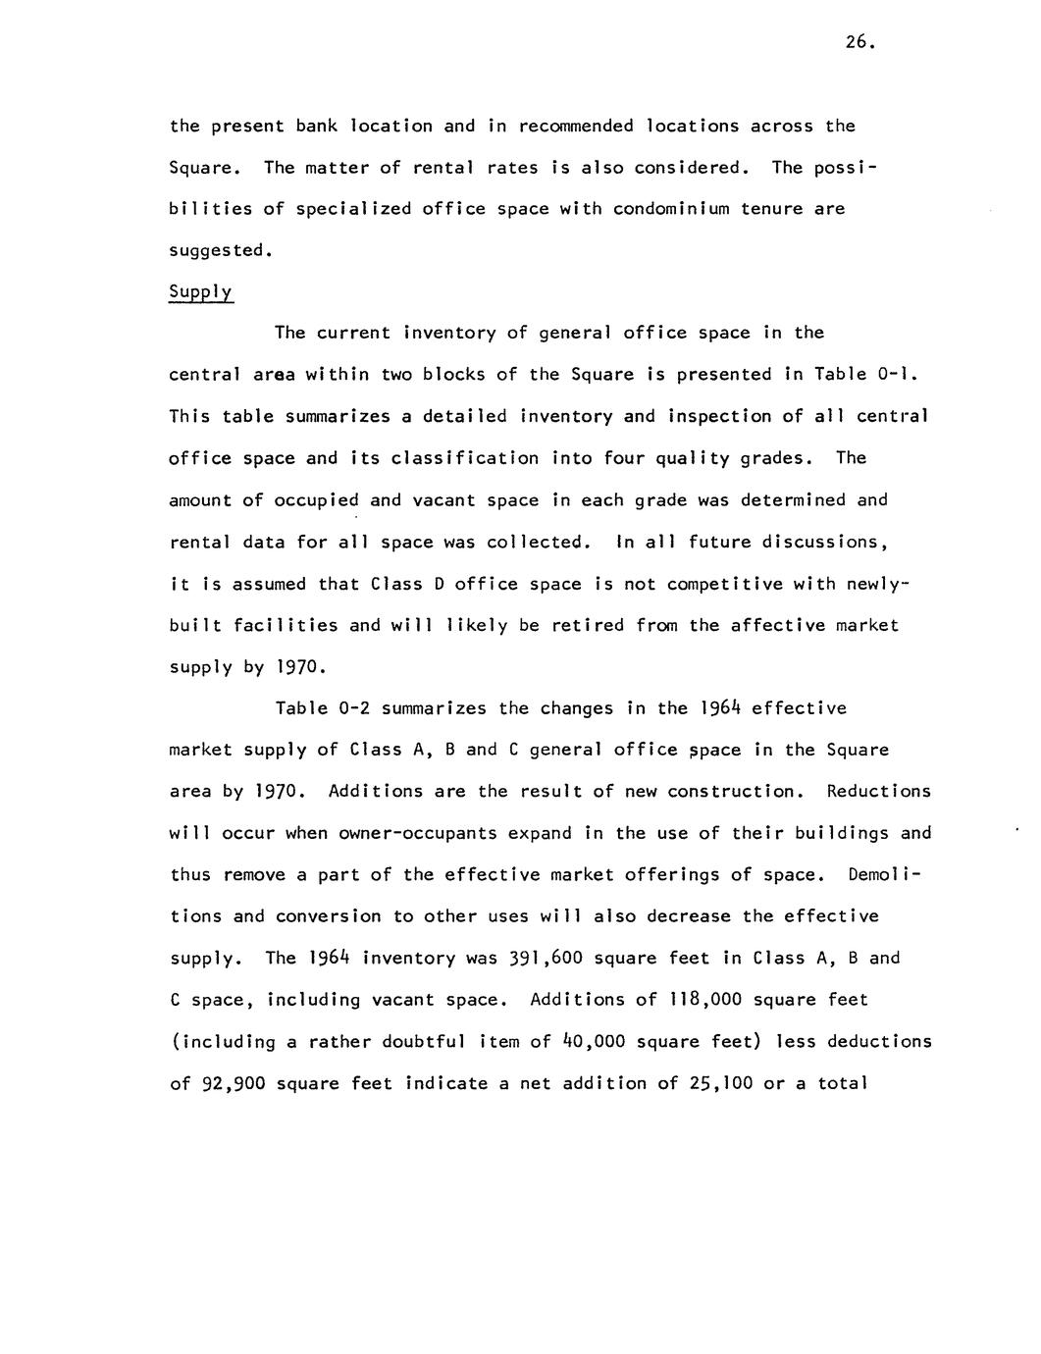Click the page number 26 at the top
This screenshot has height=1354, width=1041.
pos(857,42)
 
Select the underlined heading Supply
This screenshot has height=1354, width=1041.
pos(201,292)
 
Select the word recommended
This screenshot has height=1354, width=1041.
pos(576,127)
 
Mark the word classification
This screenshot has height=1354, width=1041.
pos(465,458)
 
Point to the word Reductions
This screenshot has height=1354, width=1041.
pos(879,792)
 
